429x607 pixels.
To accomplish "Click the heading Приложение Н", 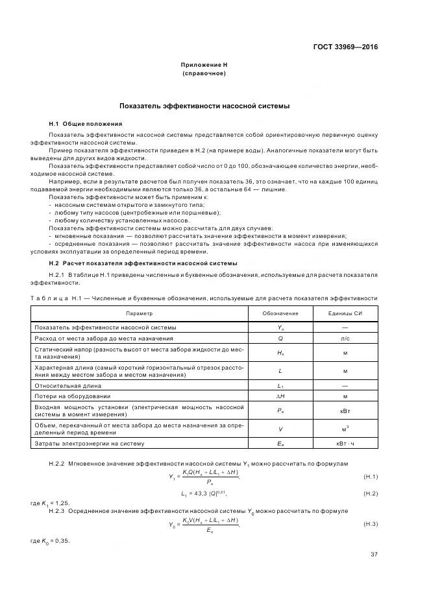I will [204, 65].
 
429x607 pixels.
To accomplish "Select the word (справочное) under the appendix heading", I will [204, 73].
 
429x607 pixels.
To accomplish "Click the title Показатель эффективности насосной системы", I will [204, 106].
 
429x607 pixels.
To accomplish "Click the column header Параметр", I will [139, 313].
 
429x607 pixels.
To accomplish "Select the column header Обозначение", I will [280, 313].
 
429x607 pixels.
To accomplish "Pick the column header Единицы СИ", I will [345, 313].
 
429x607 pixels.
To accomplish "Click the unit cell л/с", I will [345, 338].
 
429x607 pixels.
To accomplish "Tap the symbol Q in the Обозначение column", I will [280, 338].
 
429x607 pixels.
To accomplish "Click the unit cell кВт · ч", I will [345, 443].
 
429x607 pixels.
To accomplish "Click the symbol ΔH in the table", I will [280, 396].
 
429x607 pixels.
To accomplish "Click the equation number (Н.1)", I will [370, 477].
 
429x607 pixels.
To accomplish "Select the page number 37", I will [374, 553].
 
